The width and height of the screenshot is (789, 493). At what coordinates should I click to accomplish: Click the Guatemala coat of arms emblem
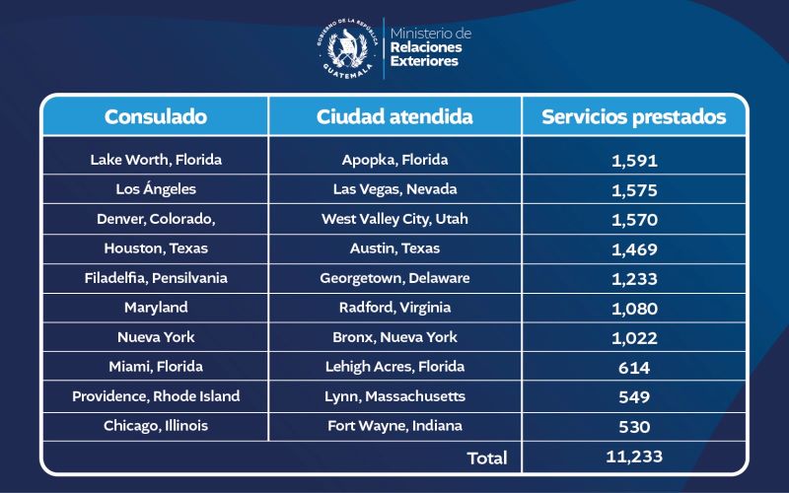pyautogui.click(x=347, y=46)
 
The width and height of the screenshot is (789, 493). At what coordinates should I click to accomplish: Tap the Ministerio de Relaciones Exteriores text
pyautogui.click(x=431, y=47)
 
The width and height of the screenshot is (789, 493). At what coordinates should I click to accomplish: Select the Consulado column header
pyautogui.click(x=156, y=116)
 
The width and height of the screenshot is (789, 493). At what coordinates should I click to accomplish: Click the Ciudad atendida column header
pyautogui.click(x=394, y=116)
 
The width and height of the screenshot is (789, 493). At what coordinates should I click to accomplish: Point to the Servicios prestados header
pyautogui.click(x=634, y=116)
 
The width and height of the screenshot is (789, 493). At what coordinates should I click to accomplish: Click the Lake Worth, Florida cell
pyautogui.click(x=156, y=159)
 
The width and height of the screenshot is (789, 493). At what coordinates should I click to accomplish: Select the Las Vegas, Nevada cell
pyautogui.click(x=394, y=188)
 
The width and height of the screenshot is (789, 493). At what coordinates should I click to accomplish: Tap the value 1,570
pyautogui.click(x=634, y=219)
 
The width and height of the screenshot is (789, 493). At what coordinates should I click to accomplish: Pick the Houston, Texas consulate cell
pyautogui.click(x=156, y=247)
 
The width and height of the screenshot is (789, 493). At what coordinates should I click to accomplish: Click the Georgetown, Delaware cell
pyautogui.click(x=394, y=277)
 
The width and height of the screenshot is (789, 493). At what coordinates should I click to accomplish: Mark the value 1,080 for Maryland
pyautogui.click(x=634, y=308)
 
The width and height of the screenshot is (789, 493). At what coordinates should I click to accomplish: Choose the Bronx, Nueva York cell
pyautogui.click(x=394, y=336)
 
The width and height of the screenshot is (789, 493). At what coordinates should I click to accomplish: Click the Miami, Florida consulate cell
pyautogui.click(x=156, y=366)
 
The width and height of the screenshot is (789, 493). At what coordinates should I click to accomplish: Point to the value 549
pyautogui.click(x=634, y=396)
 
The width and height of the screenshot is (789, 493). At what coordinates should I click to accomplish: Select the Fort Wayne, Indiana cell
pyautogui.click(x=394, y=426)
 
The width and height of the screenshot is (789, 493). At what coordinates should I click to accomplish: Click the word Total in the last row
pyautogui.click(x=487, y=458)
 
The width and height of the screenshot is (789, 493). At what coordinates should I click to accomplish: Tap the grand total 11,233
pyautogui.click(x=634, y=456)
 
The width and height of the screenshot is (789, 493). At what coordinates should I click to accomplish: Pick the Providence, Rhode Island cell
pyautogui.click(x=156, y=395)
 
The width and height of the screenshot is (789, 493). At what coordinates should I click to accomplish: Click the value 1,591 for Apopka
pyautogui.click(x=634, y=160)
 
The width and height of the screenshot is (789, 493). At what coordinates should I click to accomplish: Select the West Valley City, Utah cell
pyautogui.click(x=394, y=218)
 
